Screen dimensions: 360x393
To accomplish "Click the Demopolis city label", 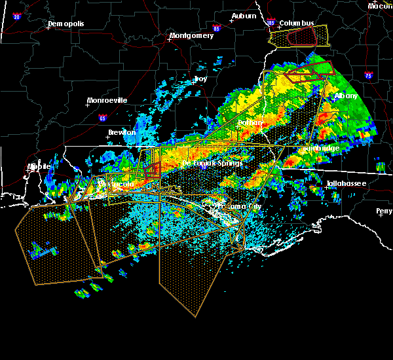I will [x=66, y=24].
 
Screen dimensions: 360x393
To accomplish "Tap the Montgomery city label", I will [x=191, y=36].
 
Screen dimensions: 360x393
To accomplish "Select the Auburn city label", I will [x=243, y=16].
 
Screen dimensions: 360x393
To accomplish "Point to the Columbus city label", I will [x=297, y=23].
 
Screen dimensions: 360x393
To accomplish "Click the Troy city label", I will [x=200, y=79].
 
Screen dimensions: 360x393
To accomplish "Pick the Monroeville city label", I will [x=107, y=101].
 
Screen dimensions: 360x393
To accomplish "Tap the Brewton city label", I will [x=121, y=132].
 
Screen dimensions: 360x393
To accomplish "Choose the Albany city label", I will [x=346, y=96].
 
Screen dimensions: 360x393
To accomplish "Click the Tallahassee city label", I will [x=348, y=185].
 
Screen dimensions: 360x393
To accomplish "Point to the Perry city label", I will [x=384, y=211].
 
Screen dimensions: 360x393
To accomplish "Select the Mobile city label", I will [x=39, y=166].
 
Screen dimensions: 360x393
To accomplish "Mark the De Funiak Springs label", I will [x=213, y=163].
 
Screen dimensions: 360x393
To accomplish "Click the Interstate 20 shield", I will [x=17, y=16].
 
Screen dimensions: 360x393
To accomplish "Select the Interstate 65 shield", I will [x=102, y=118].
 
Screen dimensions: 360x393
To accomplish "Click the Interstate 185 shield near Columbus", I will [x=271, y=24].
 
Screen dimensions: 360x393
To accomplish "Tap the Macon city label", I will [x=380, y=6].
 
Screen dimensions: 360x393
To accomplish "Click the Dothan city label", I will [x=250, y=122].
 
